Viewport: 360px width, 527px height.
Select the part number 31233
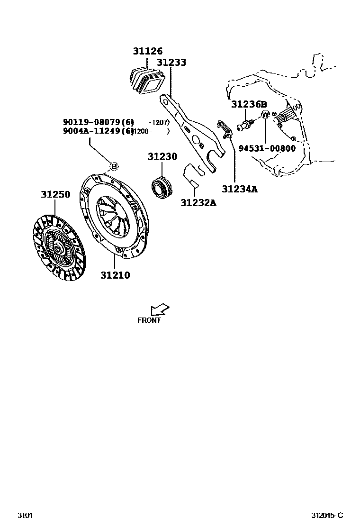coord(171,62)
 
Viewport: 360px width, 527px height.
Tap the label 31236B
coord(249,104)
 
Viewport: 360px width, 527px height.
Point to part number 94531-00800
coord(267,148)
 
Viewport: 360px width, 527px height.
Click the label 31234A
coord(240,189)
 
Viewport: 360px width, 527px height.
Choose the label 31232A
coord(198,203)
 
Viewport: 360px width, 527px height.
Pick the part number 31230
coord(162,156)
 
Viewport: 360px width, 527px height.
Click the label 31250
coord(55,194)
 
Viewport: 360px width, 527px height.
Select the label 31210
coord(115,275)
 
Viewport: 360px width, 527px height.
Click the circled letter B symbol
coord(114,166)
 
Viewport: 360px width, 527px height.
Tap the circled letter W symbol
coord(265,115)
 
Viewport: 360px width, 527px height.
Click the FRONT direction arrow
coord(160,309)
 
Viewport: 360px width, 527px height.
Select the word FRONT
coord(149,320)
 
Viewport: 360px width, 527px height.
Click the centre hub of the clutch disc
coord(57,247)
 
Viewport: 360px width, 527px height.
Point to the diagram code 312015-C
coord(327,516)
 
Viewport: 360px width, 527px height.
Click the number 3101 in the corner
coord(25,516)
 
